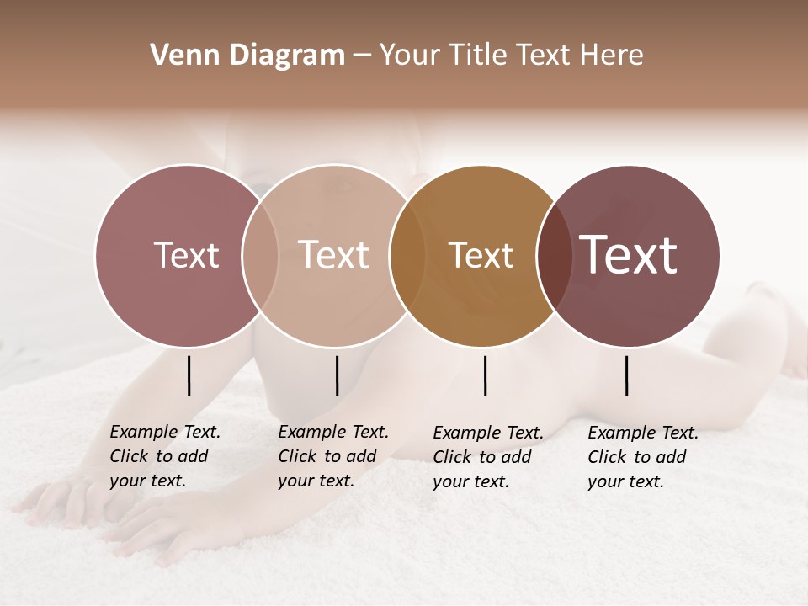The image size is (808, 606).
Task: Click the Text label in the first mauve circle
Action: click(x=186, y=255)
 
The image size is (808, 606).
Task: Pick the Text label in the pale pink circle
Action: click(x=333, y=255)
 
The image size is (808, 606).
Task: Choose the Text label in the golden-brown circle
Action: click(x=481, y=255)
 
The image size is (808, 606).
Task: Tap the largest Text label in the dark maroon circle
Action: click(x=629, y=255)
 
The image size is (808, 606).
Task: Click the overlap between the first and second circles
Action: click(x=260, y=256)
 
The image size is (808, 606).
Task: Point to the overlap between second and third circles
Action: click(x=407, y=256)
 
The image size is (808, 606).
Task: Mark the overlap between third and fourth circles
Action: click(x=553, y=256)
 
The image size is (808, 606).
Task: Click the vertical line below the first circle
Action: click(x=189, y=375)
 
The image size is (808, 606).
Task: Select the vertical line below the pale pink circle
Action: click(x=337, y=375)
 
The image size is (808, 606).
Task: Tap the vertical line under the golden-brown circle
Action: click(x=485, y=375)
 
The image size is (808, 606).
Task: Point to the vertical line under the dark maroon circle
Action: click(x=626, y=375)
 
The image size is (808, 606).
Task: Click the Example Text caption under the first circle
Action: click(x=165, y=456)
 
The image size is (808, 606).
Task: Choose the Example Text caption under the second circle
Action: click(x=333, y=456)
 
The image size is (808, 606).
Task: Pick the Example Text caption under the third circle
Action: click(x=488, y=457)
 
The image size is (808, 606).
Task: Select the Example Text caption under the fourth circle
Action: click(x=643, y=457)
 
